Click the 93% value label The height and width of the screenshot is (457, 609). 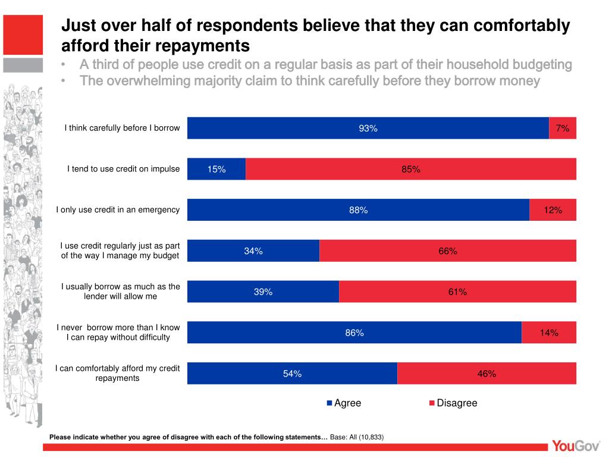pyautogui.click(x=368, y=129)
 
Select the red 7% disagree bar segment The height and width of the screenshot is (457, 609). pyautogui.click(x=563, y=128)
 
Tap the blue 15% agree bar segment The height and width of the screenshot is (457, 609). pyautogui.click(x=216, y=169)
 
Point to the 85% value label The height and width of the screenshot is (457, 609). pyautogui.click(x=411, y=170)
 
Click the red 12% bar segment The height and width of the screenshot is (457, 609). pyautogui.click(x=553, y=210)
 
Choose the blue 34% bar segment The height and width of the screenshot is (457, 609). pyautogui.click(x=253, y=251)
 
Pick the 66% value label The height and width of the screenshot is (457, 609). pyautogui.click(x=448, y=251)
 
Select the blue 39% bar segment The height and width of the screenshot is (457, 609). pyautogui.click(x=263, y=292)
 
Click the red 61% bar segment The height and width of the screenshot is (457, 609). pyautogui.click(x=458, y=292)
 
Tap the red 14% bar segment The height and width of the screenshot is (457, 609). pyautogui.click(x=549, y=333)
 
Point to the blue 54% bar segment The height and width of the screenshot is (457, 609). pyautogui.click(x=292, y=373)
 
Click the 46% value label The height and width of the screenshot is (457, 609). pyautogui.click(x=486, y=374)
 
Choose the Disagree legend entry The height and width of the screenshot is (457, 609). pyautogui.click(x=453, y=403)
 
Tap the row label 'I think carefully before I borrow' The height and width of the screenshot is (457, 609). pyautogui.click(x=122, y=128)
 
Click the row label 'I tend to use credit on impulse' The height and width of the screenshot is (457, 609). pyautogui.click(x=123, y=169)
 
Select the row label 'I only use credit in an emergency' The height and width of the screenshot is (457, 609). pyautogui.click(x=118, y=209)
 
